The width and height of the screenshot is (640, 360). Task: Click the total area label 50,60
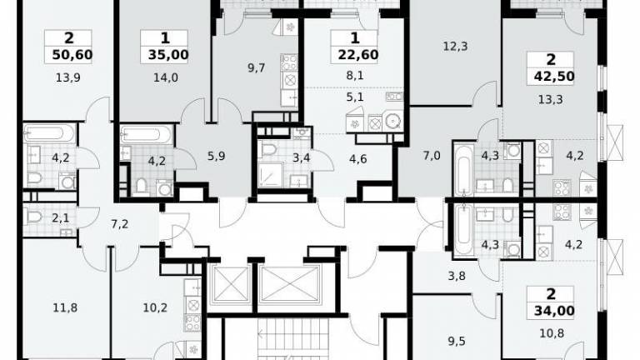[x=72, y=54]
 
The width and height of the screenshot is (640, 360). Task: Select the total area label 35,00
[x=168, y=54]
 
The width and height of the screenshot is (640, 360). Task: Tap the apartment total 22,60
[x=358, y=54]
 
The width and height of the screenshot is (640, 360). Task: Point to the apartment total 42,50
[x=554, y=76]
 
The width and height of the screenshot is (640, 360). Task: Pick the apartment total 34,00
[x=554, y=311]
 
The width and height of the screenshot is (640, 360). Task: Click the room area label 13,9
[x=68, y=77]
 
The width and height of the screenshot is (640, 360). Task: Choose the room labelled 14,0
[x=166, y=77]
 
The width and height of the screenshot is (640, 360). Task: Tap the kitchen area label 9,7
[x=257, y=67]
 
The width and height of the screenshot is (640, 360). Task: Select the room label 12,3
[x=455, y=47]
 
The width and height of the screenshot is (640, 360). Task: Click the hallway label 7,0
[x=432, y=156]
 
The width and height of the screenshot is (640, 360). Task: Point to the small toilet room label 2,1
[x=60, y=219]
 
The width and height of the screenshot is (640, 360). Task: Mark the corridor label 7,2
[x=120, y=223]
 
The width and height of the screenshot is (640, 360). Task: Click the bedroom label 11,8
[x=65, y=307]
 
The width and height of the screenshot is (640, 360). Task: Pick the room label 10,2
[x=155, y=307]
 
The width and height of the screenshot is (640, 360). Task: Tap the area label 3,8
[x=457, y=277]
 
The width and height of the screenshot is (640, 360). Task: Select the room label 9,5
[x=457, y=341]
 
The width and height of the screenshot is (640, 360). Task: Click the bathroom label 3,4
[x=301, y=157]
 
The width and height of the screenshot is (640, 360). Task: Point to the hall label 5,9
[x=216, y=156]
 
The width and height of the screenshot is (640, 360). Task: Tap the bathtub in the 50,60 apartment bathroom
[x=49, y=133]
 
